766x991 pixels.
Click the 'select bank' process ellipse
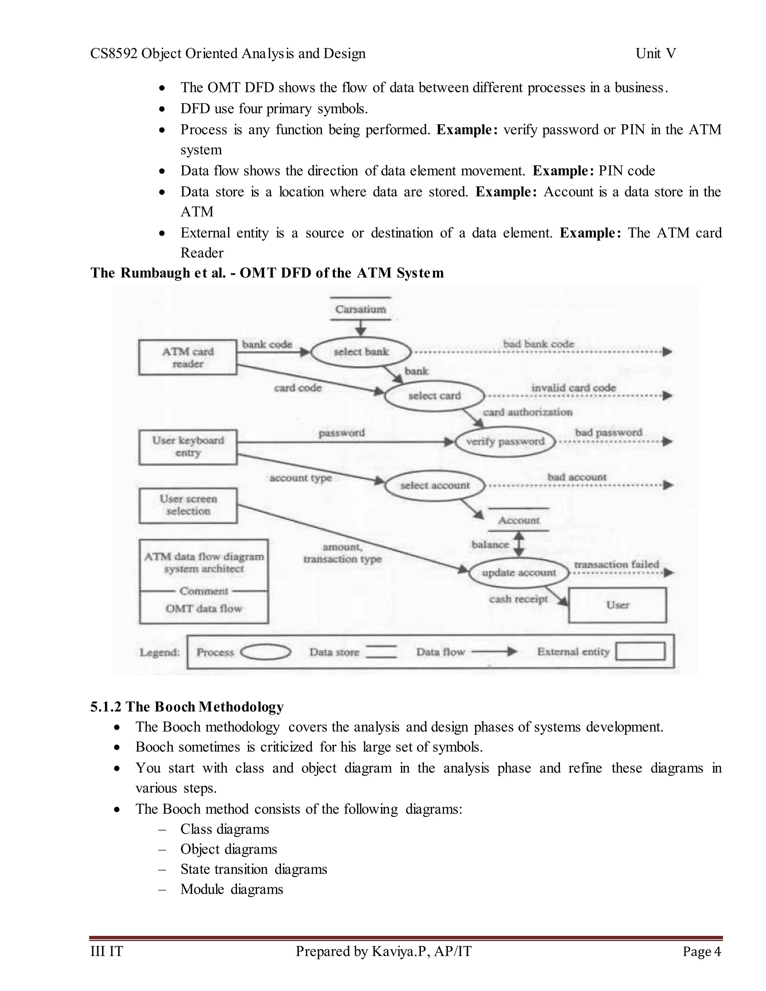pos(361,352)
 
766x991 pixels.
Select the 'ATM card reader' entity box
pos(187,358)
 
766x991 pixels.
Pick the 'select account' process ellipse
pos(434,485)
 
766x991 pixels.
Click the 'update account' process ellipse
pos(519,573)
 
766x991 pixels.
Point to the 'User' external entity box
pos(617,605)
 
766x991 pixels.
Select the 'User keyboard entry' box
pos(188,447)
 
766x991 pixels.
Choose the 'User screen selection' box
pos(188,505)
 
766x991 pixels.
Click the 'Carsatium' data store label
pos(360,309)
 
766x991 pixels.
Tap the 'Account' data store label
pos(519,520)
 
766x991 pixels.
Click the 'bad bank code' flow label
pos(538,344)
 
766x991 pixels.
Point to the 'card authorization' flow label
pos(527,412)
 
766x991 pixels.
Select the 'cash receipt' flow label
pos(518,599)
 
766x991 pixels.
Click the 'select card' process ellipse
pos(434,396)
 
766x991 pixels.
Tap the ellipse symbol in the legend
pos(266,652)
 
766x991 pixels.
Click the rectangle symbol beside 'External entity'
pos(640,651)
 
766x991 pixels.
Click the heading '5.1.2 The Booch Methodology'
pos(187,706)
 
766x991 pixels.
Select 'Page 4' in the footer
pos(702,951)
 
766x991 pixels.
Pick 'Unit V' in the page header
pos(656,53)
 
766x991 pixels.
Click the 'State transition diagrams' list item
pos(254,869)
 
